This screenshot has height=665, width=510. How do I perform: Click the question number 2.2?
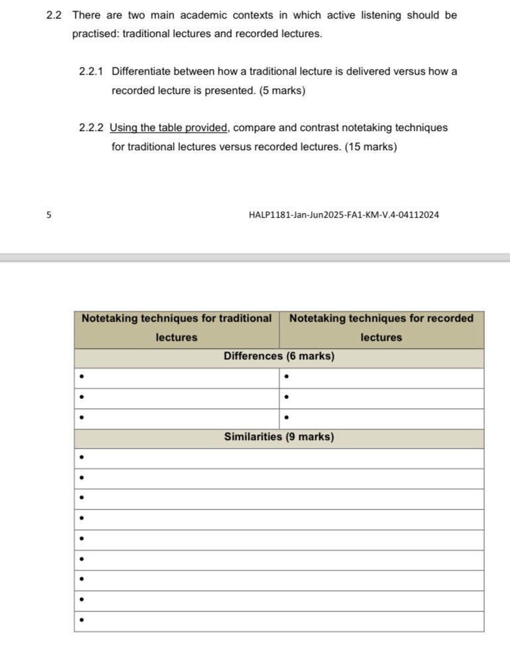(54, 15)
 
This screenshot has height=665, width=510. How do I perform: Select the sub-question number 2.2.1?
(91, 71)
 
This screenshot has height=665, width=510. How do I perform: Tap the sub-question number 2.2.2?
(91, 128)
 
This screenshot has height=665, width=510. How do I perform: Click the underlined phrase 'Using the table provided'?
(169, 128)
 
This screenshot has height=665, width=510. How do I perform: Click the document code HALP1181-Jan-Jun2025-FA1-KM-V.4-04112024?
(344, 214)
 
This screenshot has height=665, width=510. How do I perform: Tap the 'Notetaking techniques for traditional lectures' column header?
(176, 328)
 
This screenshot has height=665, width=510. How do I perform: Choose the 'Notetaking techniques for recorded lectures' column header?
(382, 328)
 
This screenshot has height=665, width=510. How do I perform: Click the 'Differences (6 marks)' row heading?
(279, 357)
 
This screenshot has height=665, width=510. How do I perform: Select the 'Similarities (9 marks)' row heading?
(279, 437)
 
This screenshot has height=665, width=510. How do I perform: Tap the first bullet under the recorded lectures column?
(286, 378)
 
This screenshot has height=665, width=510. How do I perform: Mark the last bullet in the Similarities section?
(81, 621)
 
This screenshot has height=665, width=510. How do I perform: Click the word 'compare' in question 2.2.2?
(254, 128)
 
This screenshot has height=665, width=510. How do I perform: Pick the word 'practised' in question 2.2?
(95, 33)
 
